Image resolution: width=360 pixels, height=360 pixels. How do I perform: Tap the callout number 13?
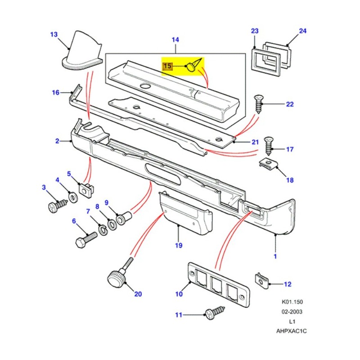point(54,34)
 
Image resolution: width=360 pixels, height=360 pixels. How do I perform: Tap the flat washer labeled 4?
point(72,197)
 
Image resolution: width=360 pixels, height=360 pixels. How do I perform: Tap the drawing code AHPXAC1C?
point(292,331)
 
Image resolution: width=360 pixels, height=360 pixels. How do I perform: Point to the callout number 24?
point(302,31)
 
